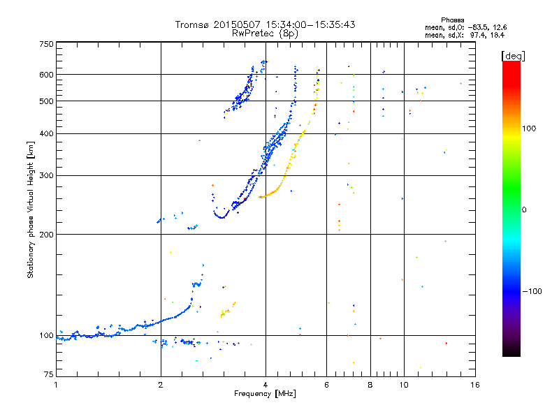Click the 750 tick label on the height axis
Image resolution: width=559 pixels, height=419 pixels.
point(45,43)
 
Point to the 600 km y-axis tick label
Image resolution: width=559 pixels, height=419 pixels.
point(45,75)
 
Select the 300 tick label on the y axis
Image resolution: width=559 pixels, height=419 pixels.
point(45,176)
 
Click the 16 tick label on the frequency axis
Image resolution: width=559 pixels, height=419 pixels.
point(474,385)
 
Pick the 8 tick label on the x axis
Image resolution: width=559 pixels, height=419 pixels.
point(370,385)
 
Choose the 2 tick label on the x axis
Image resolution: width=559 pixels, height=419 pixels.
point(161,385)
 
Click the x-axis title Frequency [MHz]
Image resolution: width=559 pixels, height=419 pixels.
point(265,394)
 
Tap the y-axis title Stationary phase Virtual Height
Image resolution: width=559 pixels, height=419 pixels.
point(31,210)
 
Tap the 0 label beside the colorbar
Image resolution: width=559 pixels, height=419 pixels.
point(525,209)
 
